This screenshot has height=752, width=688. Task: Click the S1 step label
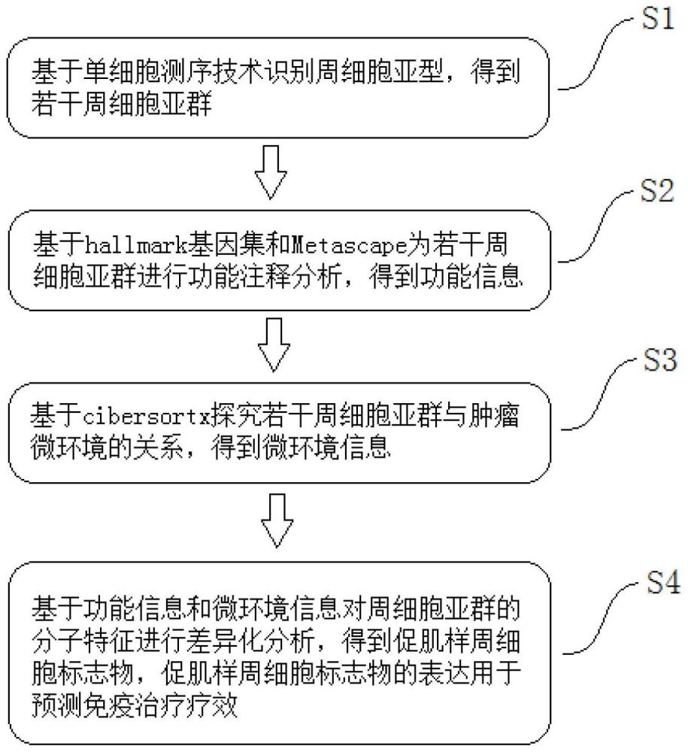pyautogui.click(x=658, y=20)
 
